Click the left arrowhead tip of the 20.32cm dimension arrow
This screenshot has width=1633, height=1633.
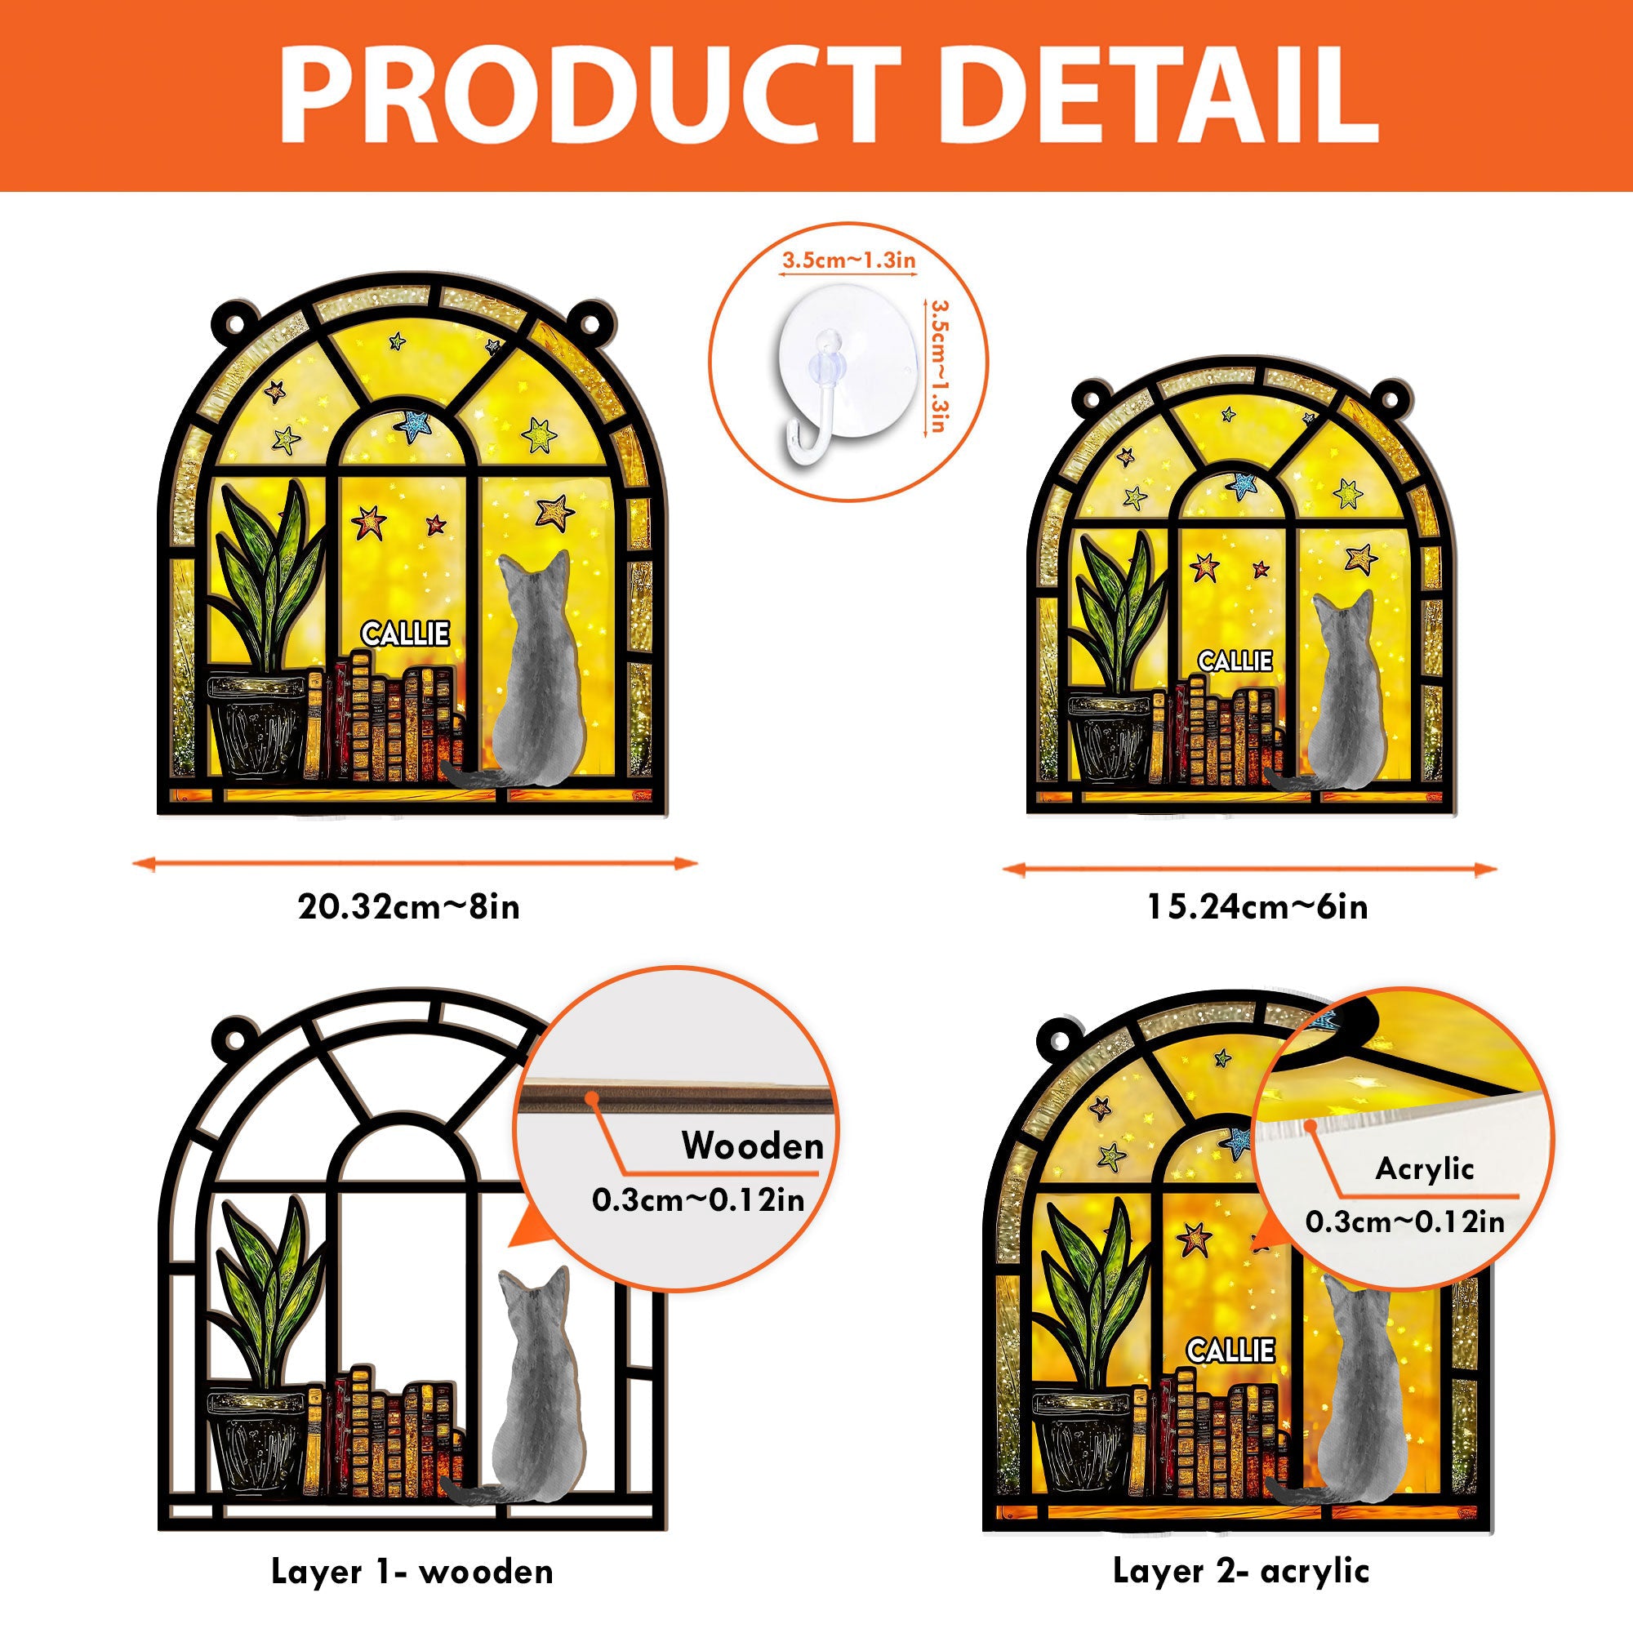[134, 863]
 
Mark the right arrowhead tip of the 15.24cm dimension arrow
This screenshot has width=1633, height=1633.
[1497, 868]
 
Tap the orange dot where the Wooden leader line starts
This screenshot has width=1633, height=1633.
[594, 1097]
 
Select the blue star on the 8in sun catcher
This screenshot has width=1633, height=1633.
[414, 425]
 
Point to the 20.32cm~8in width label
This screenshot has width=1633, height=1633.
[409, 908]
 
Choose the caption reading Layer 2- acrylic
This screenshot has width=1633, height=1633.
[1241, 1570]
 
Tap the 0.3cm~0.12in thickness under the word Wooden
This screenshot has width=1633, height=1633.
[698, 1199]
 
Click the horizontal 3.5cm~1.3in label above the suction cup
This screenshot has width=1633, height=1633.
[848, 260]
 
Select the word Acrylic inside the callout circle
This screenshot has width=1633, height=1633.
[1424, 1169]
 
